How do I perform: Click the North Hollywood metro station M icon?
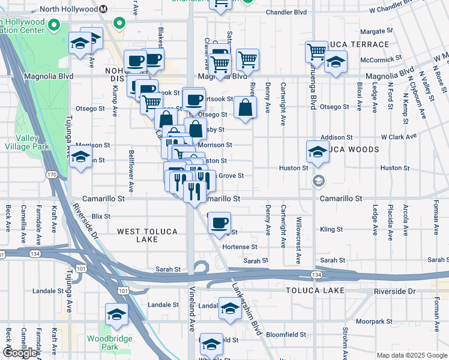103,9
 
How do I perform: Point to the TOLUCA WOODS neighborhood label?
354,149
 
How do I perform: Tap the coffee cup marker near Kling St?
219,223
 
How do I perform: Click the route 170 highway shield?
51,175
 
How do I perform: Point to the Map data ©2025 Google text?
411,355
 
